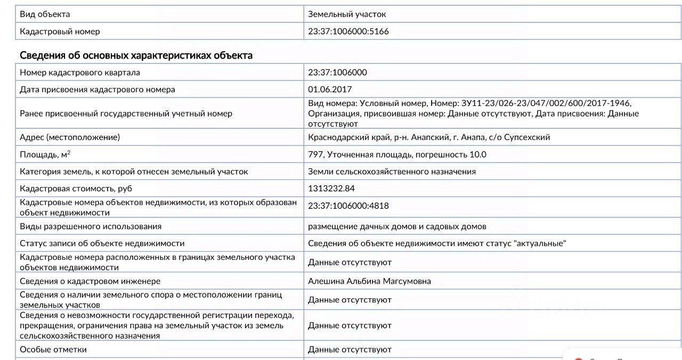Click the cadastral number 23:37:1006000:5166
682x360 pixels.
point(348,31)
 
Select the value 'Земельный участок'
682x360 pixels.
point(347,14)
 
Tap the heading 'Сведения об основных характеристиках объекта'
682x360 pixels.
point(136,55)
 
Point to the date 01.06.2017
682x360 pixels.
point(330,89)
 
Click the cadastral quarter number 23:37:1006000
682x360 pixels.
point(337,72)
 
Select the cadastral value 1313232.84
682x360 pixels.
point(331,189)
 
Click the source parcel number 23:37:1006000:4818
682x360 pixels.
point(348,206)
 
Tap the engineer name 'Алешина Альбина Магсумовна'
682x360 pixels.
point(369,281)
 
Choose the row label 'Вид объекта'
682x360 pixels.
point(45,14)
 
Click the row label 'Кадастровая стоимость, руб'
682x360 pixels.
point(76,189)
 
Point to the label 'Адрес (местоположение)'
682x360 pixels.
point(70,137)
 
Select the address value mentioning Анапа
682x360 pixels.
point(429,137)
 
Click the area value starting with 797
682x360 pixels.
point(397,155)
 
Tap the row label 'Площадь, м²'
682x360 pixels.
point(45,155)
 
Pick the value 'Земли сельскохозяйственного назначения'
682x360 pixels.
point(392,171)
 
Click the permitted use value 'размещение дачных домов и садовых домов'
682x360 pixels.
point(397,226)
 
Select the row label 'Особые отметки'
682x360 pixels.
point(53,350)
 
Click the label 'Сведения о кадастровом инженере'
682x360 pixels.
point(90,281)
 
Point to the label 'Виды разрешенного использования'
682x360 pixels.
point(91,226)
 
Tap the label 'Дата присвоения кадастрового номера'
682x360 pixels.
point(98,89)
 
